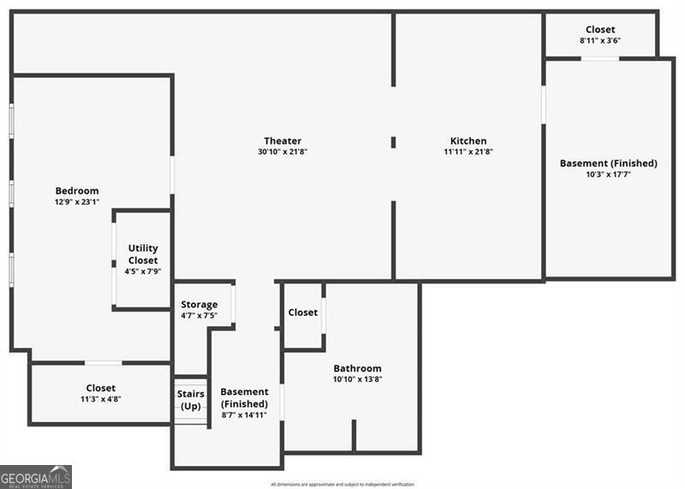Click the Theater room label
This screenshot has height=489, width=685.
tap(283, 141)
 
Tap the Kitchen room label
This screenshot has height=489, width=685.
tap(468, 141)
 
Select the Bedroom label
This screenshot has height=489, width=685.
tap(77, 191)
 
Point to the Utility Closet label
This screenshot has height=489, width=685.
tap(143, 254)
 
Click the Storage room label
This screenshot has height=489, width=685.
tap(199, 305)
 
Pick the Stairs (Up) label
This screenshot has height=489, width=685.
tap(191, 400)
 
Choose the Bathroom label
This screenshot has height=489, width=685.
tap(357, 369)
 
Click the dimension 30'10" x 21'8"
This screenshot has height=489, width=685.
tap(283, 152)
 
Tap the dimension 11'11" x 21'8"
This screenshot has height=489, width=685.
tap(468, 152)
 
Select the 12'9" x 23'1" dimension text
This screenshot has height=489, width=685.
tap(77, 202)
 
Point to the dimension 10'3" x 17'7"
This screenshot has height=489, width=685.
tap(608, 175)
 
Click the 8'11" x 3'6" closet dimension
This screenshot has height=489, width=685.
tap(600, 41)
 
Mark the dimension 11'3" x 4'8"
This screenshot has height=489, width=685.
tap(100, 399)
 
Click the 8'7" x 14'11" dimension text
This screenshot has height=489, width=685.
tap(244, 415)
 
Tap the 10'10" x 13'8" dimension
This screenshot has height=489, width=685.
tap(357, 380)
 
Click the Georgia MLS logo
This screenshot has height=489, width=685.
tap(36, 477)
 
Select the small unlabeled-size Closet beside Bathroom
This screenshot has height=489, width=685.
tap(303, 313)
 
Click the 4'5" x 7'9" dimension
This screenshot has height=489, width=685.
tap(143, 271)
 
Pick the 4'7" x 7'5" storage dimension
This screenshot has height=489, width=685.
tap(199, 316)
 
